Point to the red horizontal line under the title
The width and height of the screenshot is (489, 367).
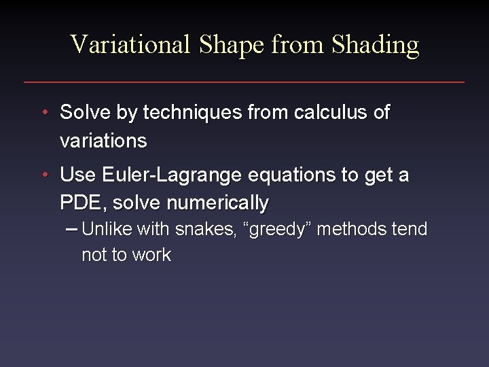coord(244,82)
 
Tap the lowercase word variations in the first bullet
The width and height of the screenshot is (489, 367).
coord(103,141)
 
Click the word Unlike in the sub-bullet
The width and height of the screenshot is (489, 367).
coord(107,230)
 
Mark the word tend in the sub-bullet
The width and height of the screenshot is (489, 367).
coord(410,230)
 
